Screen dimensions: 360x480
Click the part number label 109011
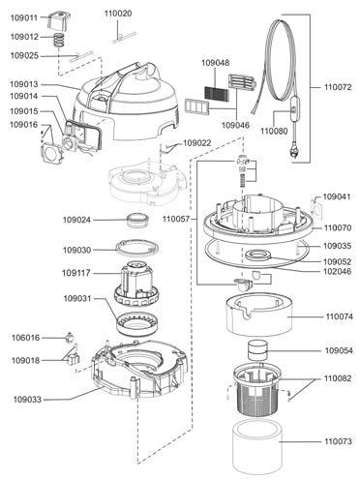click(x=24, y=17)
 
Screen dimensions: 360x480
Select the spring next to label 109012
click(x=59, y=40)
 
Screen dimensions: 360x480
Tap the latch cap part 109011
click(x=59, y=20)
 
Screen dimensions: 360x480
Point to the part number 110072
click(x=338, y=87)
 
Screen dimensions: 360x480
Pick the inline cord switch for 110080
click(x=293, y=110)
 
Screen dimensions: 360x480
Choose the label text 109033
click(x=27, y=400)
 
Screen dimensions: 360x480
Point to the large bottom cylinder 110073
click(x=257, y=447)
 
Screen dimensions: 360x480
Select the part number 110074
click(x=340, y=316)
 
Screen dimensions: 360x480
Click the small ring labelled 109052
click(x=257, y=256)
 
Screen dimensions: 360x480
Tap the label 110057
click(x=176, y=219)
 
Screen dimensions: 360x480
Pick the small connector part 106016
click(x=70, y=338)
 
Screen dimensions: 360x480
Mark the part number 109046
click(x=235, y=125)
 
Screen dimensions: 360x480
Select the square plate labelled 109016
click(x=51, y=153)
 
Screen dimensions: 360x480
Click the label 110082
click(x=338, y=378)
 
